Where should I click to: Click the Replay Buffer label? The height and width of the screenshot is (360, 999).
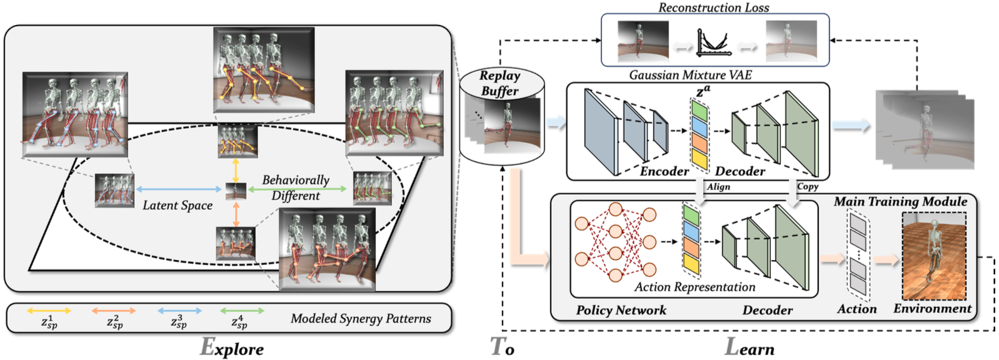(x=499, y=83)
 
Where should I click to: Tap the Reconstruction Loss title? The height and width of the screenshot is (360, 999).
(x=713, y=7)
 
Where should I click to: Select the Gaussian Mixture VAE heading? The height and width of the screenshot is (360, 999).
(x=690, y=75)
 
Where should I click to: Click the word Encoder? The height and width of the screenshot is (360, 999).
(x=664, y=171)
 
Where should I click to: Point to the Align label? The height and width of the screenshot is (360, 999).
(x=718, y=186)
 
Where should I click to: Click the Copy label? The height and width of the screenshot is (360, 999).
(x=807, y=186)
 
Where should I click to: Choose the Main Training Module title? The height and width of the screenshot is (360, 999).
(x=900, y=201)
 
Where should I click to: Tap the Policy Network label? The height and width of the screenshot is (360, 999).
(x=621, y=310)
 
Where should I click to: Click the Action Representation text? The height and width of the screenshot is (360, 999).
(x=695, y=287)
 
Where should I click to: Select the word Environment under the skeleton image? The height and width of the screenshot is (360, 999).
(x=932, y=308)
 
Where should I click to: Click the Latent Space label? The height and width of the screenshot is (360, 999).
(x=178, y=205)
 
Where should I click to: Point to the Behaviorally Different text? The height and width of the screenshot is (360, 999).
(x=296, y=187)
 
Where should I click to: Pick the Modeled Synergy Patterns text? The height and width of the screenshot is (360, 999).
(x=361, y=319)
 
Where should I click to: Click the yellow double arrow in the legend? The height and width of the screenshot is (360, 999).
(x=49, y=311)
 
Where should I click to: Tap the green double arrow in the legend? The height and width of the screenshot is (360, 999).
(x=241, y=311)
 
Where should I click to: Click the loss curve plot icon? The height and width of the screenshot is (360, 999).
(x=713, y=43)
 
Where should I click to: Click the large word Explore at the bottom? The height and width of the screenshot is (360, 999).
(x=231, y=347)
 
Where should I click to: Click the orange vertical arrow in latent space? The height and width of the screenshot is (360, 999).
(x=236, y=214)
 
